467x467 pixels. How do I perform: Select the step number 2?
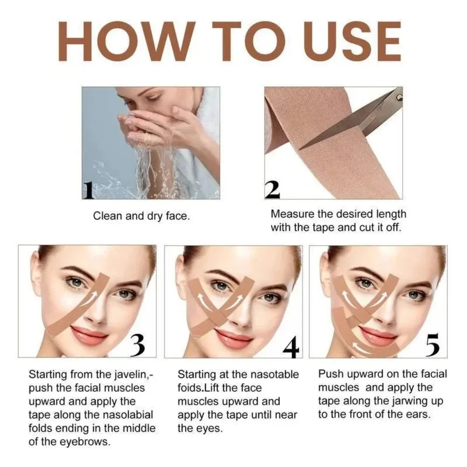tap(272, 189)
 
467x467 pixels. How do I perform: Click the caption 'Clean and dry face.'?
tap(141, 216)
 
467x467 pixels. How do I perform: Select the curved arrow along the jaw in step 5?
tap(369, 346)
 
